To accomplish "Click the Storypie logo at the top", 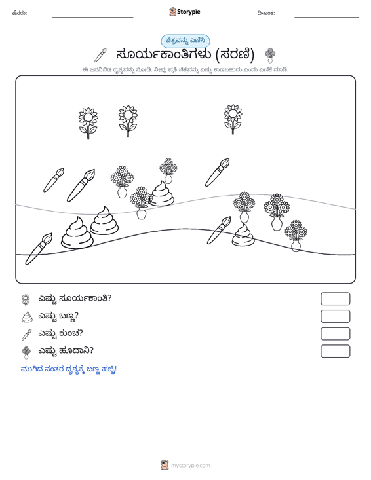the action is pos(185,12).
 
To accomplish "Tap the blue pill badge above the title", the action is pos(185,41).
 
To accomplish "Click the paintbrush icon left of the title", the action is pos(100,55).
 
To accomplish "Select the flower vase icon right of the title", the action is pos(270,56).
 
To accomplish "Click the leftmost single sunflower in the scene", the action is pos(88,123).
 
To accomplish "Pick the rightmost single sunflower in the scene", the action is pos(233,119).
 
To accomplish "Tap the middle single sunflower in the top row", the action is pos(128,121).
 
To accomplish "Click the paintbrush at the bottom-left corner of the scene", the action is pos(39,249).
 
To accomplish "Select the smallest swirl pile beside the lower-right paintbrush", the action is pos(243,234).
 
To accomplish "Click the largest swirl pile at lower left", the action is pos(77,232).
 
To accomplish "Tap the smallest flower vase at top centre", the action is pos(168,170).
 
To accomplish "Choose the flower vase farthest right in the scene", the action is pos(296,236).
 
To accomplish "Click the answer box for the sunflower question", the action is pos(336,299).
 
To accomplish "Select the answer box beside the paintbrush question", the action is pos(336,334).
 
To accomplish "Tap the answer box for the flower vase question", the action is pos(336,351).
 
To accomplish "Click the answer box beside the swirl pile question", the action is pos(336,316).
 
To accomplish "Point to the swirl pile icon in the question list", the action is pos(27,317).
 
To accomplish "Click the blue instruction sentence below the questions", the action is pos(69,369).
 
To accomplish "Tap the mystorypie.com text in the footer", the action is pos(191,466).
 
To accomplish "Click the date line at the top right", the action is pos(326,17).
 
